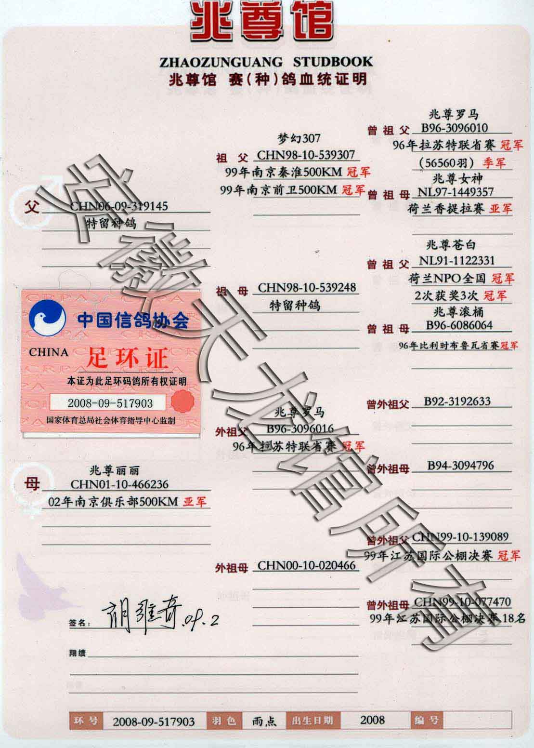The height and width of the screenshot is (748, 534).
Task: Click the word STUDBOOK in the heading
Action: click(333, 62)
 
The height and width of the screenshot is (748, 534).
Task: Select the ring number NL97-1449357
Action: click(455, 192)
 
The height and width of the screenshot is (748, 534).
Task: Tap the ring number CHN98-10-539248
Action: click(307, 288)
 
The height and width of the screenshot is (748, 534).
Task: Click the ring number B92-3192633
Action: click(457, 401)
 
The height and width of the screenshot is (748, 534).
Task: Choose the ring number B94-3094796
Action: click(460, 466)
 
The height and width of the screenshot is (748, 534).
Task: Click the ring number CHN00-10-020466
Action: click(306, 565)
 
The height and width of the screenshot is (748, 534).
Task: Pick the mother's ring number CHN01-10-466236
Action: click(119, 484)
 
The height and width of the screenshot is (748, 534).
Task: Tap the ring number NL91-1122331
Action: click(456, 261)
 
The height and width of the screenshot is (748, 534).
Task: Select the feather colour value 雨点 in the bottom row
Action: click(264, 721)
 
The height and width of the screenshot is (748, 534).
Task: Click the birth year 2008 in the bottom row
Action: click(372, 720)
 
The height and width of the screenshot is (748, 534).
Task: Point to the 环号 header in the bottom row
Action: click(87, 721)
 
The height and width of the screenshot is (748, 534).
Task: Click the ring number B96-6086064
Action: click(459, 325)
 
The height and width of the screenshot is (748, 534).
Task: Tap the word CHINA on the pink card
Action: click(49, 352)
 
